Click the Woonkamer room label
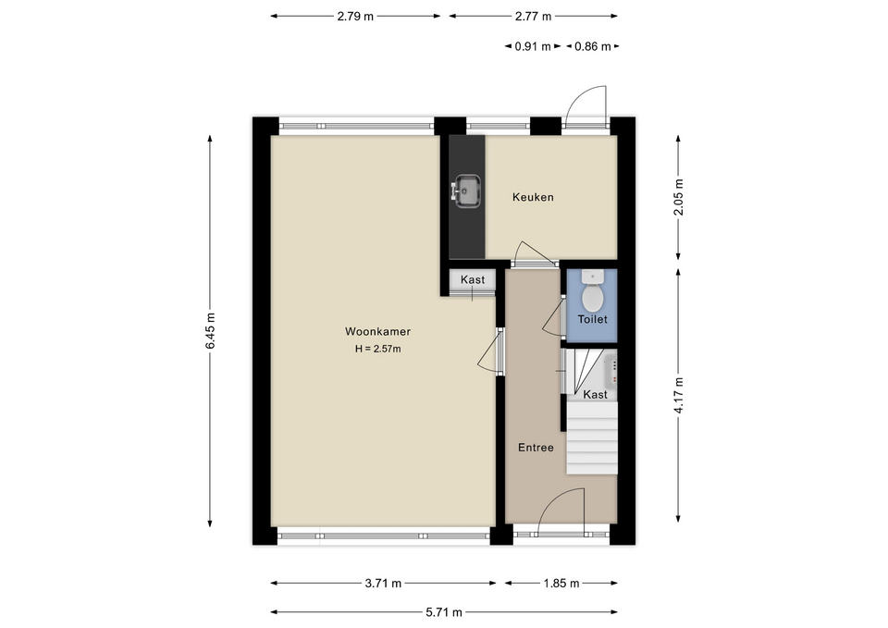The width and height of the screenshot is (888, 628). coord(377,331)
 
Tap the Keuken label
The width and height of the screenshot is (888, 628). coord(533,197)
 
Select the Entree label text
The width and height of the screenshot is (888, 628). coord(536,448)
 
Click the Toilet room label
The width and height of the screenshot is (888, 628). coord(592,319)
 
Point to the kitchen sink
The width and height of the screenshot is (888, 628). coord(466,191)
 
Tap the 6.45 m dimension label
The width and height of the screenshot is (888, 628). coord(210,331)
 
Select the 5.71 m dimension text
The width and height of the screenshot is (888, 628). coord(444,611)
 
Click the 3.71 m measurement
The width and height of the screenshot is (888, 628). coord(383,583)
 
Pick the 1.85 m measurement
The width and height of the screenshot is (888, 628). coord(561,583)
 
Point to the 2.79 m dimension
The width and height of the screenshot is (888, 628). coord(355,16)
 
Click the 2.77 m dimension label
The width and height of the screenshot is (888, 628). coord(533,16)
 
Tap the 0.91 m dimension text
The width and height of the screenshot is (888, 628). coord(533,46)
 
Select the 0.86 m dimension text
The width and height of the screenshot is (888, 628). coord(592,46)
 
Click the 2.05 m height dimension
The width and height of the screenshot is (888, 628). coord(678,197)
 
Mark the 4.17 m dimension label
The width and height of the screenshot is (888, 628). coord(678,395)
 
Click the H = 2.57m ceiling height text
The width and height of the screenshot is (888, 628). coord(377,349)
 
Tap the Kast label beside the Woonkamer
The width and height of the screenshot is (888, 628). coord(473,279)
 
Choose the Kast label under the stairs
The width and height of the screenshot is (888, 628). coord(595,394)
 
